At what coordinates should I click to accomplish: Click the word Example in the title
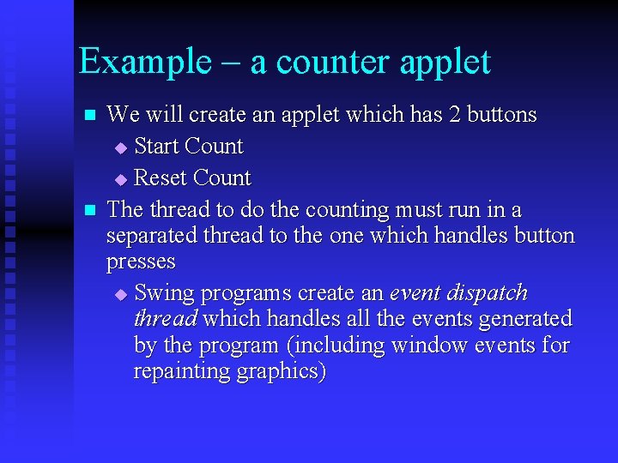click(x=144, y=62)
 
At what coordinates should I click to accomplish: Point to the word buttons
click(x=502, y=115)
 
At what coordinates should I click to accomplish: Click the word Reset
click(x=161, y=178)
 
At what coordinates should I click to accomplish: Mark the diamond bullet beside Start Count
click(x=120, y=148)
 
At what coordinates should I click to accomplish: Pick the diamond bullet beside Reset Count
click(x=120, y=180)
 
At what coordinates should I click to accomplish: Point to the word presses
click(x=141, y=262)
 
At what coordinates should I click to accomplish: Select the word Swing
click(x=165, y=293)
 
